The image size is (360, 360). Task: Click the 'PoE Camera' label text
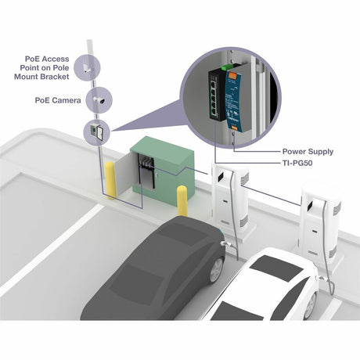coord(58,100)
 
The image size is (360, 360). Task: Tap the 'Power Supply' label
coord(308,152)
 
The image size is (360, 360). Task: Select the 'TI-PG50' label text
coord(297,163)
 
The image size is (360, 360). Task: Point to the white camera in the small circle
coord(99,100)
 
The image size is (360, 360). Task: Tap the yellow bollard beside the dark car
coord(182,201)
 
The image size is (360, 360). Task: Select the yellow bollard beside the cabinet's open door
coord(110,180)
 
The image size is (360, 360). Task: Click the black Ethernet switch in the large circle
coord(217,95)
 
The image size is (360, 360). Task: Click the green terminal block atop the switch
coord(227,67)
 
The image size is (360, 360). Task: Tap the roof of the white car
coord(276,268)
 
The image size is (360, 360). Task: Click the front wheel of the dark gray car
coord(216,269)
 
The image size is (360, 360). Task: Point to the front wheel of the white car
coord(311,306)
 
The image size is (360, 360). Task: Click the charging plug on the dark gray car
coord(225,244)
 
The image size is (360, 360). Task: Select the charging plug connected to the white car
coord(322,279)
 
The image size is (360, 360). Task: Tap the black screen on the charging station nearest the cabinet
coord(221,176)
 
